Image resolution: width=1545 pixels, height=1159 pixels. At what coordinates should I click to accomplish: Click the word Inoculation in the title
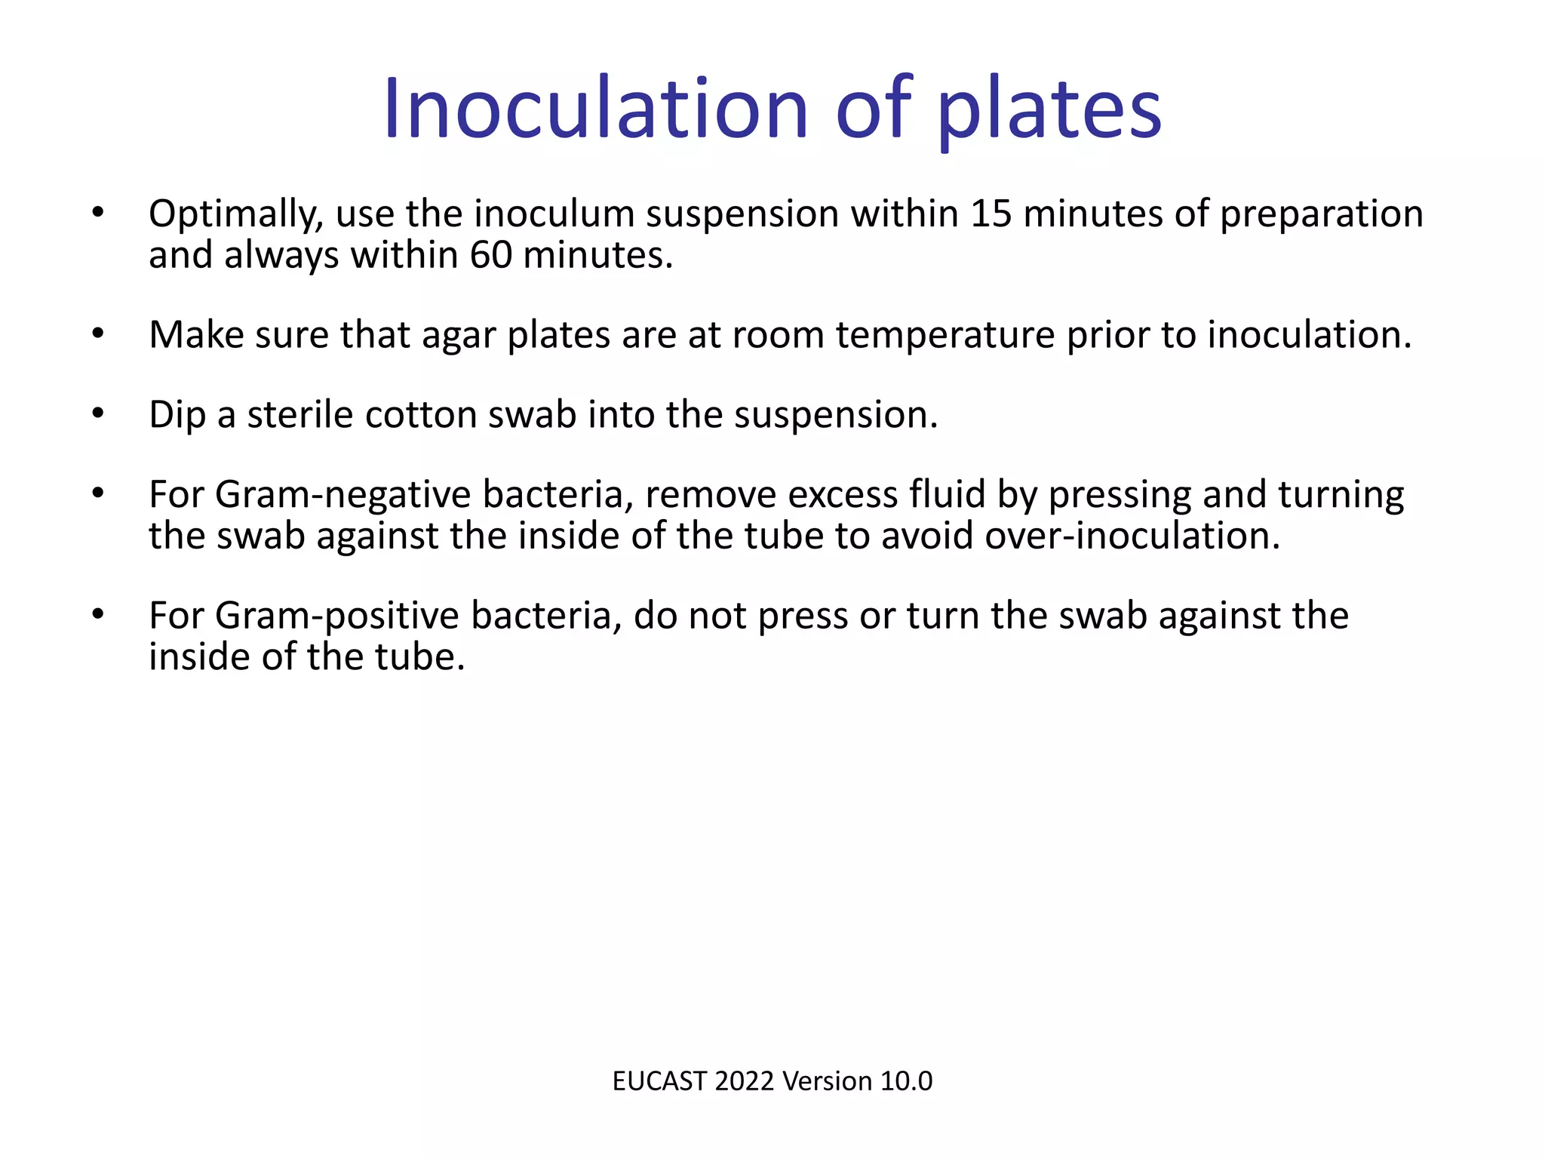(x=595, y=110)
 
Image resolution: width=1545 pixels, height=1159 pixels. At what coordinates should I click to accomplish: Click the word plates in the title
(x=1049, y=110)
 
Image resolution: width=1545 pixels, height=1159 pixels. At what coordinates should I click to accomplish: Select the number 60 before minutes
(x=490, y=256)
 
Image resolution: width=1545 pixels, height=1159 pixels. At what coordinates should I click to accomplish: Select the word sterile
(x=299, y=415)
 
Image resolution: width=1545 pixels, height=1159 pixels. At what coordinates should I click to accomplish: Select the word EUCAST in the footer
(x=659, y=1081)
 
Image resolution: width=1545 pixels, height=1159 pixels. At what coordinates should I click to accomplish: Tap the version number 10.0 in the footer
(x=906, y=1081)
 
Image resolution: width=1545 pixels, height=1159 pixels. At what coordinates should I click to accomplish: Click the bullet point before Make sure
(x=97, y=334)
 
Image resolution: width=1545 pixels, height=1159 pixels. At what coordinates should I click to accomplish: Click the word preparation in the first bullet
(x=1321, y=214)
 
